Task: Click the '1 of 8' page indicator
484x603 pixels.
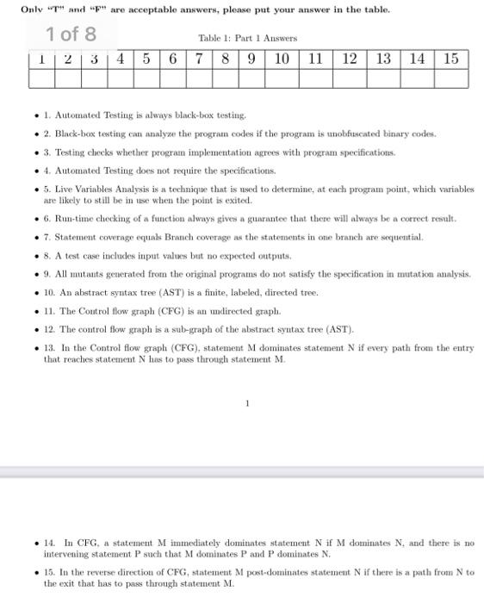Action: [x=72, y=35]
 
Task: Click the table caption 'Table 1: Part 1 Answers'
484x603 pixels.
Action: [x=247, y=38]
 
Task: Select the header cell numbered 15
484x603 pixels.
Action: [x=451, y=59]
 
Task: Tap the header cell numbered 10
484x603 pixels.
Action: [x=282, y=59]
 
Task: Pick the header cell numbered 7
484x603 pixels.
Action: [x=199, y=59]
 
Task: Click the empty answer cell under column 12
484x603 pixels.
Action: [x=349, y=78]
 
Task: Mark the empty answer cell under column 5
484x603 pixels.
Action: [x=147, y=78]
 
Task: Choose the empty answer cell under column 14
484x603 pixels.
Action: [x=418, y=78]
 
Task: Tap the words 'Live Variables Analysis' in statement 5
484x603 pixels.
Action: [x=109, y=189]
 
